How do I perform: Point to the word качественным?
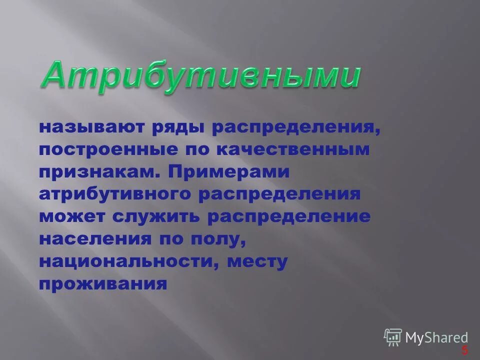[x=292, y=149]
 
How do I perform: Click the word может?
[x=69, y=216]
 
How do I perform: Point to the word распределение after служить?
[x=289, y=216]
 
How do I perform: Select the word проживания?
[x=102, y=283]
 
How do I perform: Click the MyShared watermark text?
[x=436, y=337]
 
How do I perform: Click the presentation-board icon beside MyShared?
[x=393, y=337]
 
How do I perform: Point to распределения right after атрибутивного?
[x=279, y=194]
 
